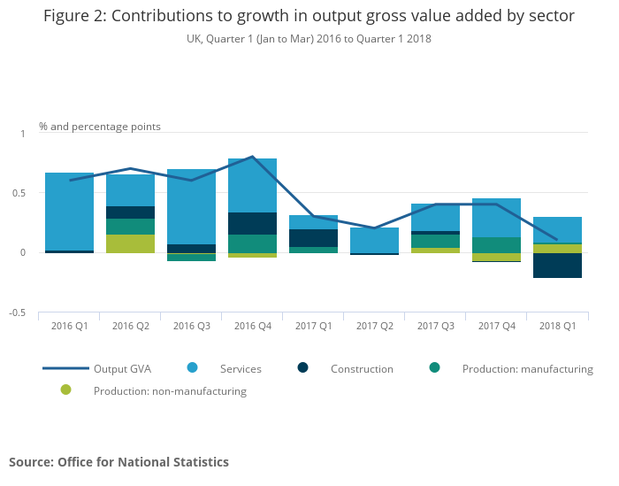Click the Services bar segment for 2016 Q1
[x=69, y=212]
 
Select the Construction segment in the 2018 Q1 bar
[x=557, y=266]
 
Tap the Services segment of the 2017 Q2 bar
[x=374, y=240]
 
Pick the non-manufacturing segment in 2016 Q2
[x=130, y=243]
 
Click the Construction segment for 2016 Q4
[x=252, y=223]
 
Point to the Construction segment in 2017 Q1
[x=313, y=238]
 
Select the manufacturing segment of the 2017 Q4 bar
[x=496, y=245]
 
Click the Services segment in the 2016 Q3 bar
[x=191, y=206]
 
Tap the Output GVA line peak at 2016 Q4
[x=253, y=157]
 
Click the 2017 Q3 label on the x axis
[x=435, y=326]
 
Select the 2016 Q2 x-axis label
[x=130, y=326]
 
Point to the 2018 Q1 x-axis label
[x=557, y=326]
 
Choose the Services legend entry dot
[x=192, y=368]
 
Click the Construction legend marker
[x=302, y=368]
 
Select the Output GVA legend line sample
[x=65, y=368]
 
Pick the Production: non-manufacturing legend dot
[x=65, y=390]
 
